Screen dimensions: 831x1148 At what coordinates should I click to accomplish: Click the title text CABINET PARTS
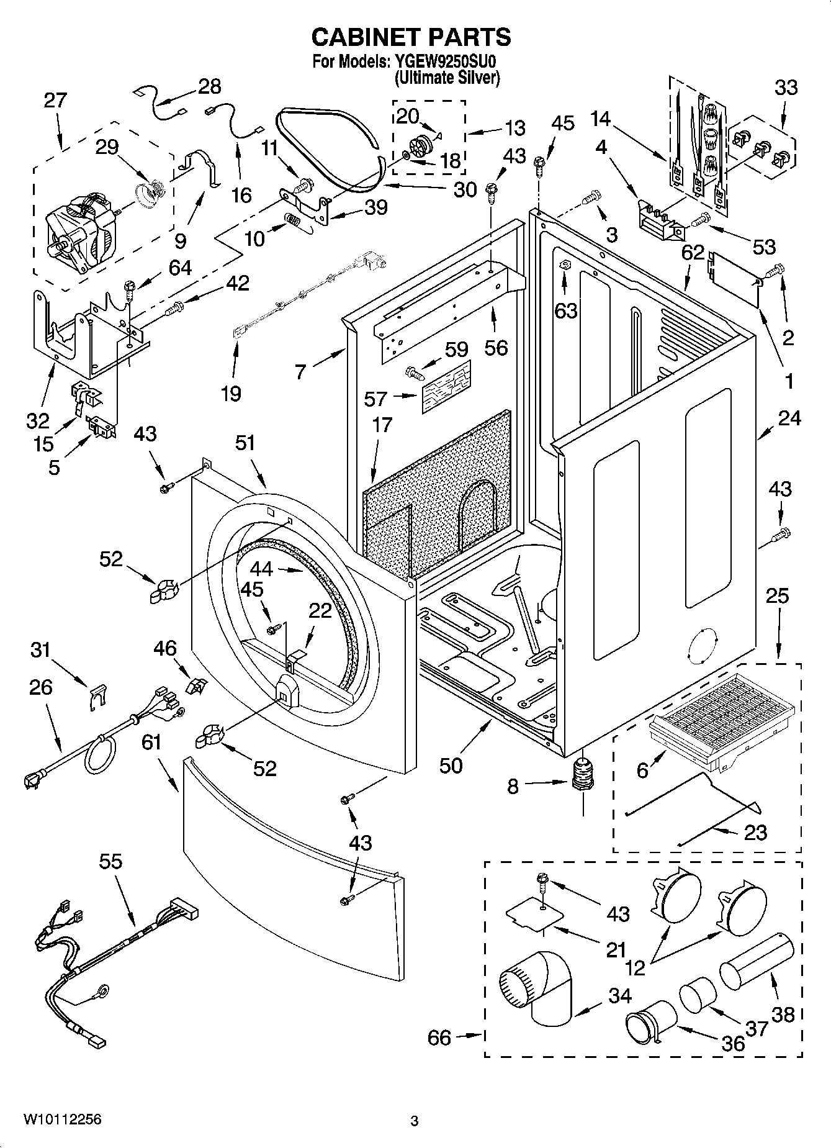click(411, 37)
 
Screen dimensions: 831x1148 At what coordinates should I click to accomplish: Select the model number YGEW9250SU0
click(447, 63)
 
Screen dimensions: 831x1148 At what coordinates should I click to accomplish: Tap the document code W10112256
click(62, 1119)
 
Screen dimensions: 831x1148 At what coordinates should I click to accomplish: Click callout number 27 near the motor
click(55, 100)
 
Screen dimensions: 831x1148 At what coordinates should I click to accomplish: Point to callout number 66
click(439, 1037)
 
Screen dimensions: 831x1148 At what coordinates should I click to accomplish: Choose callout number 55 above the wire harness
click(111, 862)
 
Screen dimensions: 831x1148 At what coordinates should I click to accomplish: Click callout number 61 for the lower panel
click(151, 743)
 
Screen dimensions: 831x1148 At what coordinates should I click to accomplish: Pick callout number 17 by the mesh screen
click(382, 425)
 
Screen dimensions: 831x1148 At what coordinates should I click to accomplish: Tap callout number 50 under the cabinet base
click(451, 766)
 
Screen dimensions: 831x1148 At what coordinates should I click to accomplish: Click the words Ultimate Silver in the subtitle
click(447, 78)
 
